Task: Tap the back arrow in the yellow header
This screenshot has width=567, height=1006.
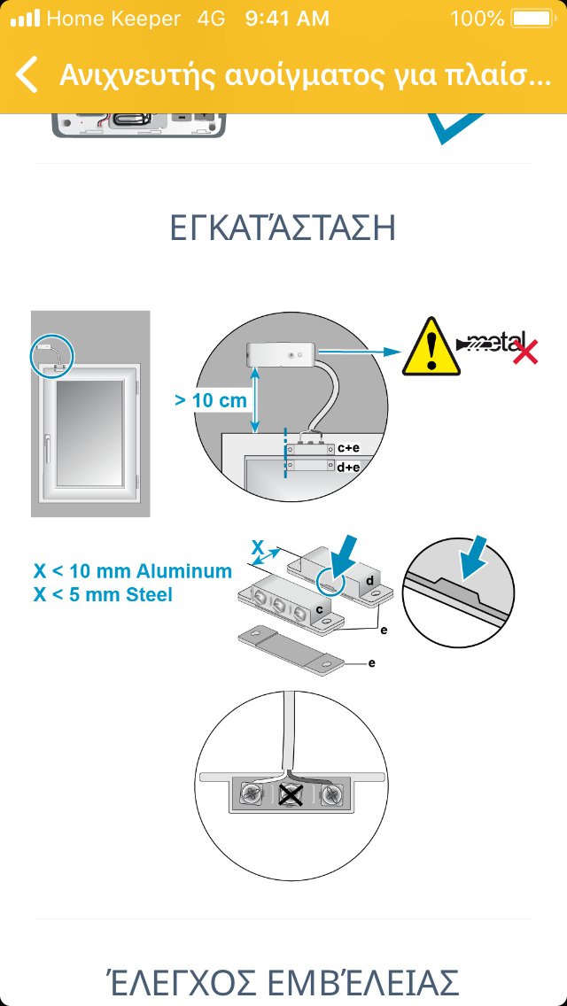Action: [27, 74]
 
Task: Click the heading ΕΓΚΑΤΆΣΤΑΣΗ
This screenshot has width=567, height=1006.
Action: [283, 229]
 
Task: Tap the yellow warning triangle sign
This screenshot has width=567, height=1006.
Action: [431, 346]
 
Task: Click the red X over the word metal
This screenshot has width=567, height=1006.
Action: [524, 352]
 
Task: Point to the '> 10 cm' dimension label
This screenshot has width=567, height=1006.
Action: [211, 401]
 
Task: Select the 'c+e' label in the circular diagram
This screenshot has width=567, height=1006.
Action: [347, 448]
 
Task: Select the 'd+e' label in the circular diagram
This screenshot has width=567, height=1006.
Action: [347, 468]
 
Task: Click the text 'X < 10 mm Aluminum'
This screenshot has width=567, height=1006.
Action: [132, 571]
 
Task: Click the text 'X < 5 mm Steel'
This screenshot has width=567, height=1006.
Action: [103, 595]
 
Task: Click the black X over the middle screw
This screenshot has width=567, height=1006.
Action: [291, 795]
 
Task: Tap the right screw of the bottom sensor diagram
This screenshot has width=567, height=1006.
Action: [332, 795]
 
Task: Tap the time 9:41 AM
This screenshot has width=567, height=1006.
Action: [287, 19]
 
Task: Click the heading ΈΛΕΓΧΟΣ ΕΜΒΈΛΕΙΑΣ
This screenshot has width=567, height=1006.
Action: [283, 982]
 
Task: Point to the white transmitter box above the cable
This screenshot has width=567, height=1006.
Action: [281, 354]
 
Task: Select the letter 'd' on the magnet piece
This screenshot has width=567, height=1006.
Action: [369, 580]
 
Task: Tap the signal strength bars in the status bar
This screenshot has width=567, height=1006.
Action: [25, 19]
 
